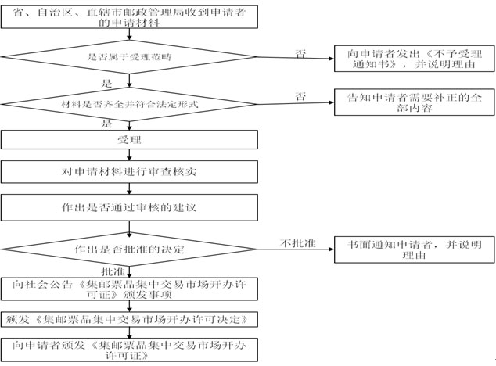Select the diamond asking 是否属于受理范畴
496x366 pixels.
pos(130,57)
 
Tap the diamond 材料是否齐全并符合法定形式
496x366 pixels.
pos(130,102)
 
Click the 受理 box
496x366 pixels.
pos(130,139)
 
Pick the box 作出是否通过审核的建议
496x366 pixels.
pos(130,206)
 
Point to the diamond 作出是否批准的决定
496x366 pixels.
pos(130,249)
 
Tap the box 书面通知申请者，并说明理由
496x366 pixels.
pos(415,249)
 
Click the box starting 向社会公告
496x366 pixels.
pos(130,288)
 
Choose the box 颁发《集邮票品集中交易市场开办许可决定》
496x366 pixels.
pos(130,319)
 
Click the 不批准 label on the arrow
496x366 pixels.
pos(297,243)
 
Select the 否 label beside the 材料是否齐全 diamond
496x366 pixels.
pos(300,96)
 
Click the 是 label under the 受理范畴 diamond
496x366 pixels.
pos(106,81)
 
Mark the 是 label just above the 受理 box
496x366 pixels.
pos(106,124)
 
